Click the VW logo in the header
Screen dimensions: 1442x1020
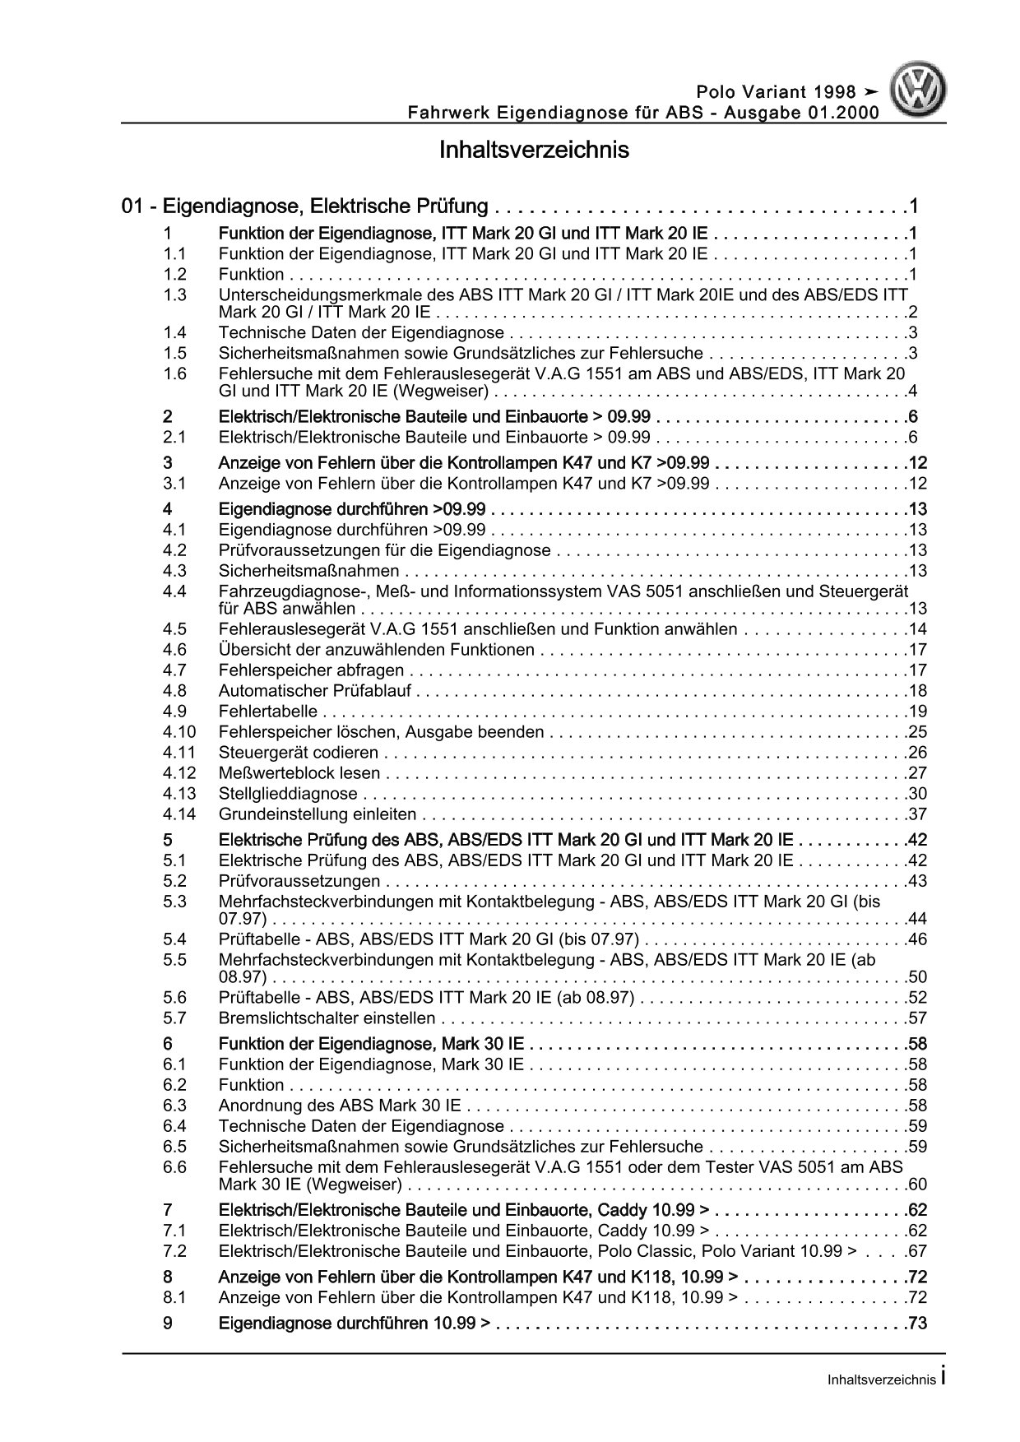click(x=921, y=91)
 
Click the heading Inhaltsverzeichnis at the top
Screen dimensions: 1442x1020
click(x=534, y=151)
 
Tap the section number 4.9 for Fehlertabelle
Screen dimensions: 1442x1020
click(x=174, y=712)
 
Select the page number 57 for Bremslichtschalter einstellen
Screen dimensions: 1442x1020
click(x=917, y=1018)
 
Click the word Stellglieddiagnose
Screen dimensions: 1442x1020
click(x=288, y=794)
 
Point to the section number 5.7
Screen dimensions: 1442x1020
click(x=174, y=1018)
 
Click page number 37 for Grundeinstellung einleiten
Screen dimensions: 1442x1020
click(x=917, y=815)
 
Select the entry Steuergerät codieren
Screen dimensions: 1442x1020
click(x=298, y=753)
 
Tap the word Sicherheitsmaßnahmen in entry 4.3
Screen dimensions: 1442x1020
click(x=308, y=571)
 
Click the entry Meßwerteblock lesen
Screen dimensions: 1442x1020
click(x=299, y=773)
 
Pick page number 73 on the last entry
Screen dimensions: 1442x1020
click(x=917, y=1324)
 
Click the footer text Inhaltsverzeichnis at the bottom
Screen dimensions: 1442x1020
click(x=881, y=1380)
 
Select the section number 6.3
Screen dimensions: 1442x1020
click(x=174, y=1106)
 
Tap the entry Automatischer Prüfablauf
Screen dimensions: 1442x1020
click(x=315, y=691)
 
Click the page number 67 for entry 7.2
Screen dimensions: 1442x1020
click(x=917, y=1251)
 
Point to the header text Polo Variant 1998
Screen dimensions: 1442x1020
click(x=776, y=92)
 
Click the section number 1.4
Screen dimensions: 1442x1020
click(x=174, y=333)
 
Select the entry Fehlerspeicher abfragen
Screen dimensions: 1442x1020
click(x=311, y=670)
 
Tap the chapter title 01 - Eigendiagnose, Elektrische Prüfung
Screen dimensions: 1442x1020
click(x=304, y=206)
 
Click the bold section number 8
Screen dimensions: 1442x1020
click(x=168, y=1277)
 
